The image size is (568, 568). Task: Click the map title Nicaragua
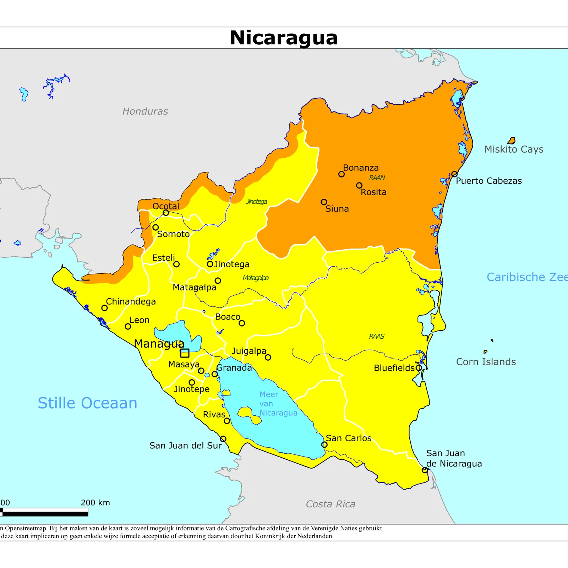coord(283,38)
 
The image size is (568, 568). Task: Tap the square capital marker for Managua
coord(185,353)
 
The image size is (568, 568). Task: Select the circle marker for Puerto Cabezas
coord(454,174)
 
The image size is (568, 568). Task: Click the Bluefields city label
coord(394,368)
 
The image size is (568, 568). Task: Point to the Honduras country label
coord(145,111)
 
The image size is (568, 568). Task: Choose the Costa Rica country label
coord(330,504)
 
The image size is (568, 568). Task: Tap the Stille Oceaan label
coord(87,403)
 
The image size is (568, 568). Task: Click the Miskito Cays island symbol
coord(512,141)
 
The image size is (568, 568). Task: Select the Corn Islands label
coord(486,362)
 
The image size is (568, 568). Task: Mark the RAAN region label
coord(377,178)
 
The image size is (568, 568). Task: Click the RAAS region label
coord(377,337)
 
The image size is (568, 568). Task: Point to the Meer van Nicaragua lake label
coord(278,404)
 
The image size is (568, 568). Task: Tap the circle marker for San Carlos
coord(324,444)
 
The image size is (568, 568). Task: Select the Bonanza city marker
coord(341,174)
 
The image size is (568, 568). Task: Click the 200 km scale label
coord(95,503)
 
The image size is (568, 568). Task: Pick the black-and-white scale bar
coord(44,512)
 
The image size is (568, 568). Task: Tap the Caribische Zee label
coord(527,277)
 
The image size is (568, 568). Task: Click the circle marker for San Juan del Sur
coord(223,439)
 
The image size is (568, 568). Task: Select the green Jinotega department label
coord(257,202)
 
